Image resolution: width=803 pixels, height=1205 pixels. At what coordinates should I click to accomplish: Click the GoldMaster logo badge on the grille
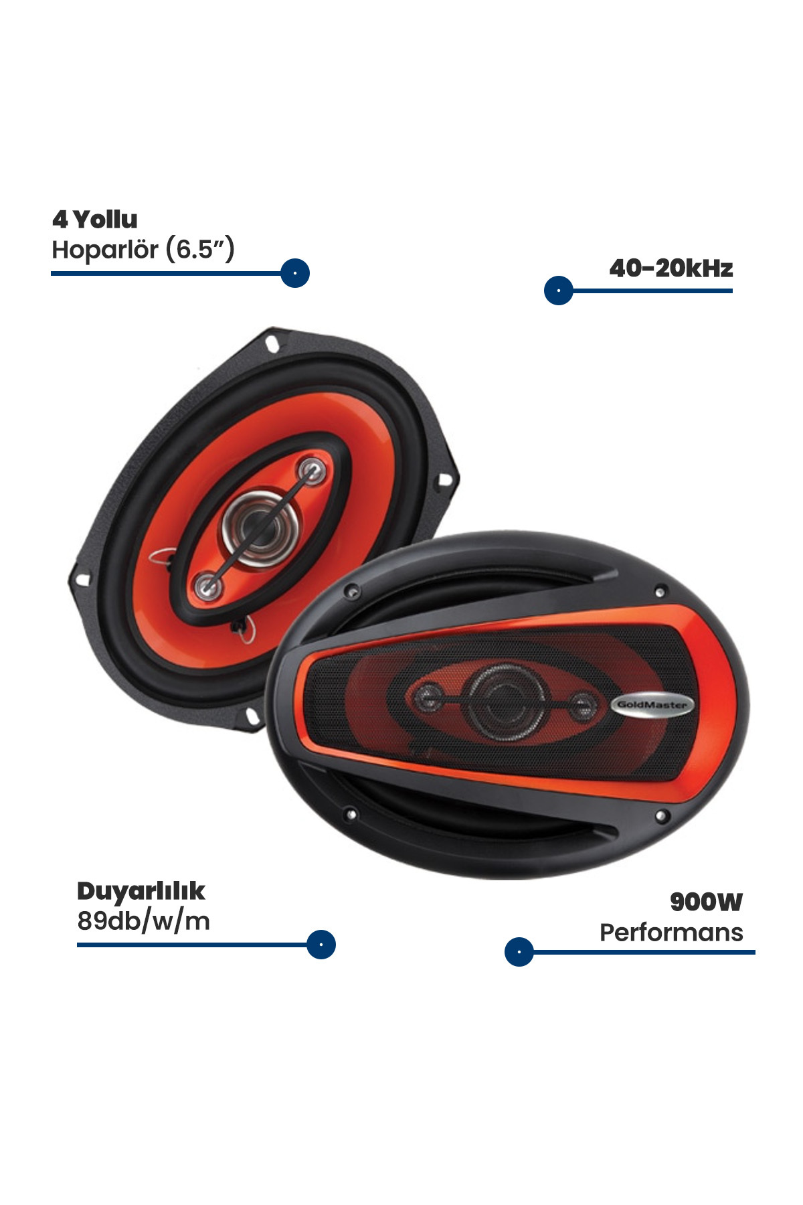pos(652,704)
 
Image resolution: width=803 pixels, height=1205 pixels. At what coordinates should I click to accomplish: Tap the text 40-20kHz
pos(671,268)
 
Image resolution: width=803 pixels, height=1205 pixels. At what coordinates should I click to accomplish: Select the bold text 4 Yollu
pos(94,219)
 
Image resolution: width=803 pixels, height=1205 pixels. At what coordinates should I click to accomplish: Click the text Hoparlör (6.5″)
pos(143,250)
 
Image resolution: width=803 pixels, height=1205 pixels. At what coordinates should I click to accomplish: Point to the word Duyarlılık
pos(141,891)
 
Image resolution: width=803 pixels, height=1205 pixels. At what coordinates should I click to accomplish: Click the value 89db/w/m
pos(143,921)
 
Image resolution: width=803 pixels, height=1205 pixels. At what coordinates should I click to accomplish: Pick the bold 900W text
pos(706,902)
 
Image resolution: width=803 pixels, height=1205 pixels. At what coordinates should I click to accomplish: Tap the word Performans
pos(671,932)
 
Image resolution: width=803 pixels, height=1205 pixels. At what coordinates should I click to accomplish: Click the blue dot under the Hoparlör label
pos(295,273)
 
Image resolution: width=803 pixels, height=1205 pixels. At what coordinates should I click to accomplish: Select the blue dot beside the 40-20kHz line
pos(559,291)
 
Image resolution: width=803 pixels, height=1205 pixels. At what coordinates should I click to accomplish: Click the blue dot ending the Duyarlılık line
pos(321,945)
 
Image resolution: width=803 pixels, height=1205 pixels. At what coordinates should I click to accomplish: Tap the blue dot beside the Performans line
pos(519,951)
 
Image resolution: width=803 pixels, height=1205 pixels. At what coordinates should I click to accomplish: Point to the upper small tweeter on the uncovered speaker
pos(311,470)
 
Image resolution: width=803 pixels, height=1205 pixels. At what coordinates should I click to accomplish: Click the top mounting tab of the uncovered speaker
pos(271,341)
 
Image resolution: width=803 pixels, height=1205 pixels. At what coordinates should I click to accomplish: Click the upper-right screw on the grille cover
pos(660,592)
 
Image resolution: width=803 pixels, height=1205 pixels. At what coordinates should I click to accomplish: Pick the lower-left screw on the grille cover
pos(350,815)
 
